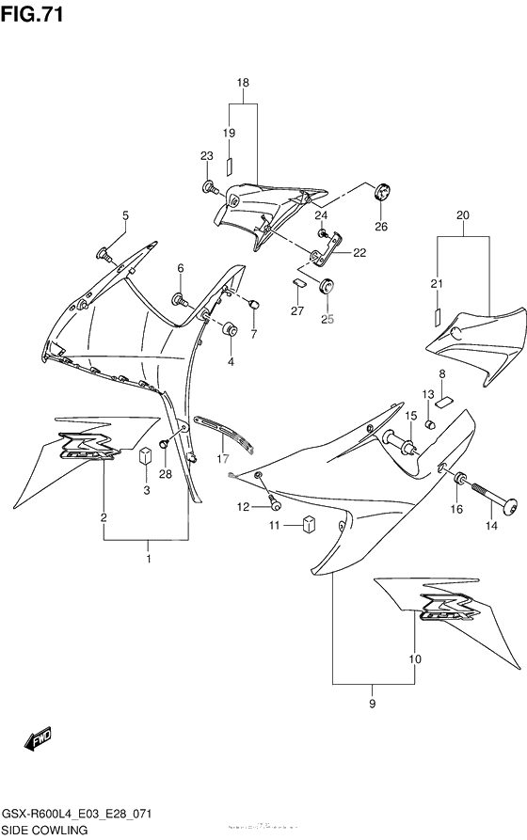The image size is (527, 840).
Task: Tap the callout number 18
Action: click(x=242, y=83)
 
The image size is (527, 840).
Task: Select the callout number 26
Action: click(x=381, y=226)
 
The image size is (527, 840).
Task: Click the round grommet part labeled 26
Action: click(x=381, y=192)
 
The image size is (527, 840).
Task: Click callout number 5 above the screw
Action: click(x=124, y=216)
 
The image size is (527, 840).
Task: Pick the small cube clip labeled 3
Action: click(x=146, y=457)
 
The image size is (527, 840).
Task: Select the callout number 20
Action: click(x=463, y=214)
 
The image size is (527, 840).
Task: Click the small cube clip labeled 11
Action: click(x=308, y=525)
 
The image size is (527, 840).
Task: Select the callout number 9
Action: click(x=372, y=705)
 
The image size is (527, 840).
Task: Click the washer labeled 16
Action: click(x=460, y=480)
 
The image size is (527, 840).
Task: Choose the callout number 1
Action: click(x=147, y=561)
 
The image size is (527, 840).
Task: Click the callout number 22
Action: click(x=359, y=251)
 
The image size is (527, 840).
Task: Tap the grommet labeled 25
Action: click(x=327, y=288)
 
